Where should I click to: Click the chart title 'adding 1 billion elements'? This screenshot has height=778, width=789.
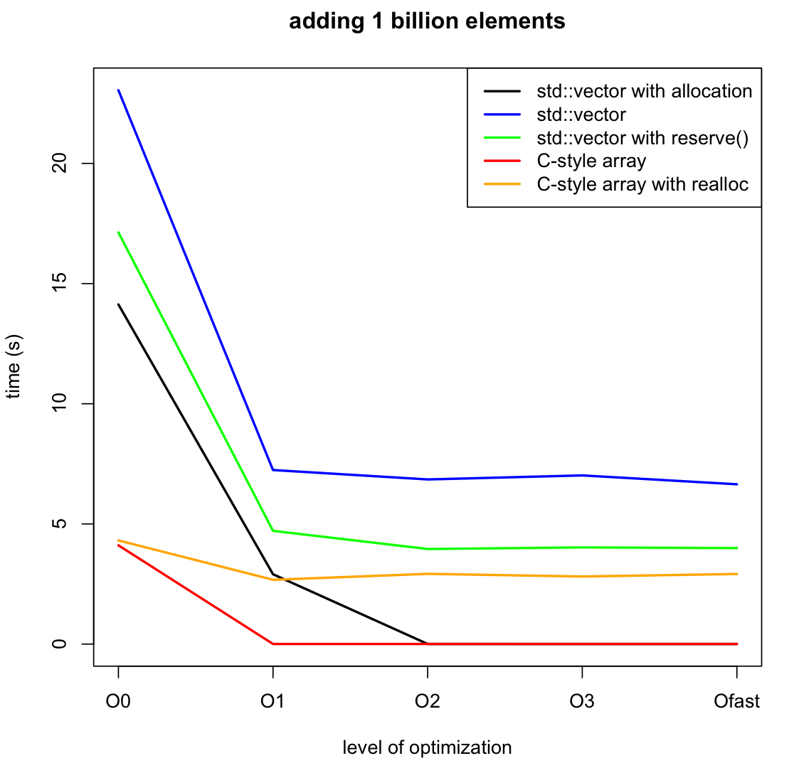click(427, 21)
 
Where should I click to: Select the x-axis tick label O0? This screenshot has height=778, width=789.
click(118, 702)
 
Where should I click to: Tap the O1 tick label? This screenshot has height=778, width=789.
click(272, 702)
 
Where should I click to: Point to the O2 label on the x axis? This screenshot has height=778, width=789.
click(427, 702)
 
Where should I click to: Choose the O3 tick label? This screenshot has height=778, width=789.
click(582, 702)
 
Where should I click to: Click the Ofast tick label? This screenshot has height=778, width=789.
click(736, 702)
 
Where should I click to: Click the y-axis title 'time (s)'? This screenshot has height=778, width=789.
click(14, 367)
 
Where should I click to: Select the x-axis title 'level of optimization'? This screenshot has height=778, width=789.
click(427, 747)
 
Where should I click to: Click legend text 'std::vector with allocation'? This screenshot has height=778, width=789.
click(644, 91)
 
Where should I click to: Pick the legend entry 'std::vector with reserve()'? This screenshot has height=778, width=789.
click(642, 138)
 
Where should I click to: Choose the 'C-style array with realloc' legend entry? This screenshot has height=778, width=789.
click(642, 185)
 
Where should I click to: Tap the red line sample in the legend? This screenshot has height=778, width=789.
click(502, 161)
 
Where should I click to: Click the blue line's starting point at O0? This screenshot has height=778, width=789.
click(118, 90)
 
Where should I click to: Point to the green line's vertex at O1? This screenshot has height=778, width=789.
click(272, 531)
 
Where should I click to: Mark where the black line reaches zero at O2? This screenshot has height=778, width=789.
click(427, 644)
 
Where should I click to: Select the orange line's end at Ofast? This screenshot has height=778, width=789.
click(736, 574)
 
